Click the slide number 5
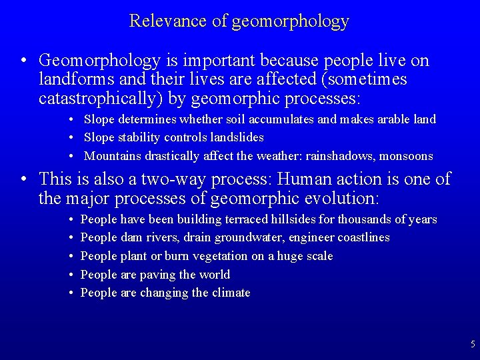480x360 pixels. click(473, 345)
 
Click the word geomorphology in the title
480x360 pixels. click(290, 21)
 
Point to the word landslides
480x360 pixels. click(236, 137)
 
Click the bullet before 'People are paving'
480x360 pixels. click(71, 275)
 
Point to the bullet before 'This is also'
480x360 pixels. click(23, 179)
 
